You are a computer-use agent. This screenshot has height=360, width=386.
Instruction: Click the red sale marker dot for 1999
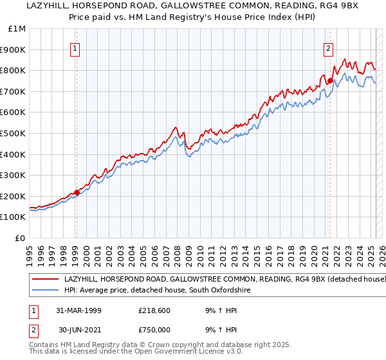tap(77, 192)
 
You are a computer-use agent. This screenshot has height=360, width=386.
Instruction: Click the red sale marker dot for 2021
tap(330, 80)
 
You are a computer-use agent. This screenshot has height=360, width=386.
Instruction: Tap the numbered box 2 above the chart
tap(329, 48)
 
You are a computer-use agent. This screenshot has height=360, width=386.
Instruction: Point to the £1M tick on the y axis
tap(17, 28)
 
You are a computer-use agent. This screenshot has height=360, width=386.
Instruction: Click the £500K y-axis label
tap(14, 133)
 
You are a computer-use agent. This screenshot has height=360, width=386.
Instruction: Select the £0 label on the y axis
tap(21, 238)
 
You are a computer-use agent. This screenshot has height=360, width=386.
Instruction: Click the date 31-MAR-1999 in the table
tap(79, 310)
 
